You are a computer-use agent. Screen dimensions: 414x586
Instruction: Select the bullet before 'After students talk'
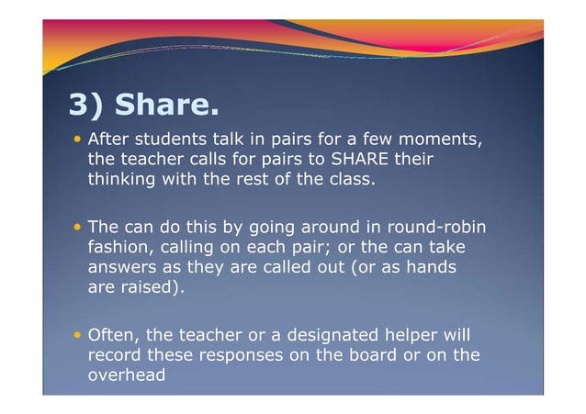coord(78,140)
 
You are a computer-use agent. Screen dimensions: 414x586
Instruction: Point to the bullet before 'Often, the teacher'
coord(78,334)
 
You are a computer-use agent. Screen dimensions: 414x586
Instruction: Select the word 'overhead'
coord(126,375)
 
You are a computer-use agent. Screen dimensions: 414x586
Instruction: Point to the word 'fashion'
coord(120,248)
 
